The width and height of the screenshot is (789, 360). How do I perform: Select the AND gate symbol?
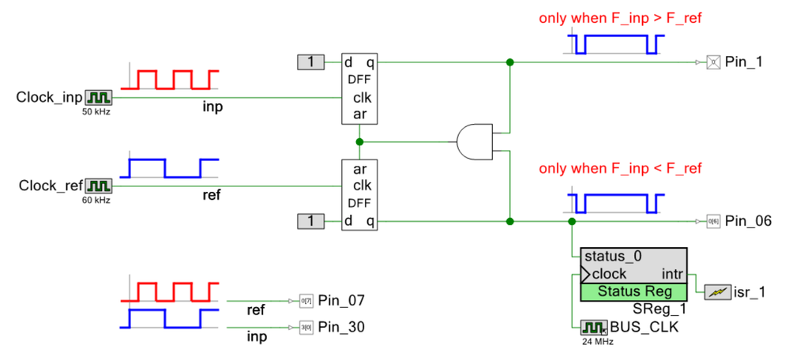click(x=474, y=142)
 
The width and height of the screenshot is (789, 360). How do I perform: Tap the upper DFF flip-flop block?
click(x=360, y=88)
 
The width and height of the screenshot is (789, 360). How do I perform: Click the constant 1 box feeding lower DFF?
click(x=310, y=221)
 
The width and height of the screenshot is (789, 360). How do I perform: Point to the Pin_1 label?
click(x=743, y=62)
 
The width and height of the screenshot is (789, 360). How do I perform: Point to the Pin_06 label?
click(x=747, y=221)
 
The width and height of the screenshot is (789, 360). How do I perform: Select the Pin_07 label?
click(x=341, y=301)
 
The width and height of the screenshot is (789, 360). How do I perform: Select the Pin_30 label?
click(x=341, y=326)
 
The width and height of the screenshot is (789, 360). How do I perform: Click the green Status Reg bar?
click(x=633, y=291)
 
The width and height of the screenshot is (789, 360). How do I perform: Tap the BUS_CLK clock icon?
click(x=592, y=327)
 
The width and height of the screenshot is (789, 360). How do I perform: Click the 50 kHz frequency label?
click(x=96, y=113)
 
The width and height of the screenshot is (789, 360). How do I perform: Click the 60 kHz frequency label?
click(x=96, y=201)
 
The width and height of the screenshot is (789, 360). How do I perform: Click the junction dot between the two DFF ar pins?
click(x=360, y=142)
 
